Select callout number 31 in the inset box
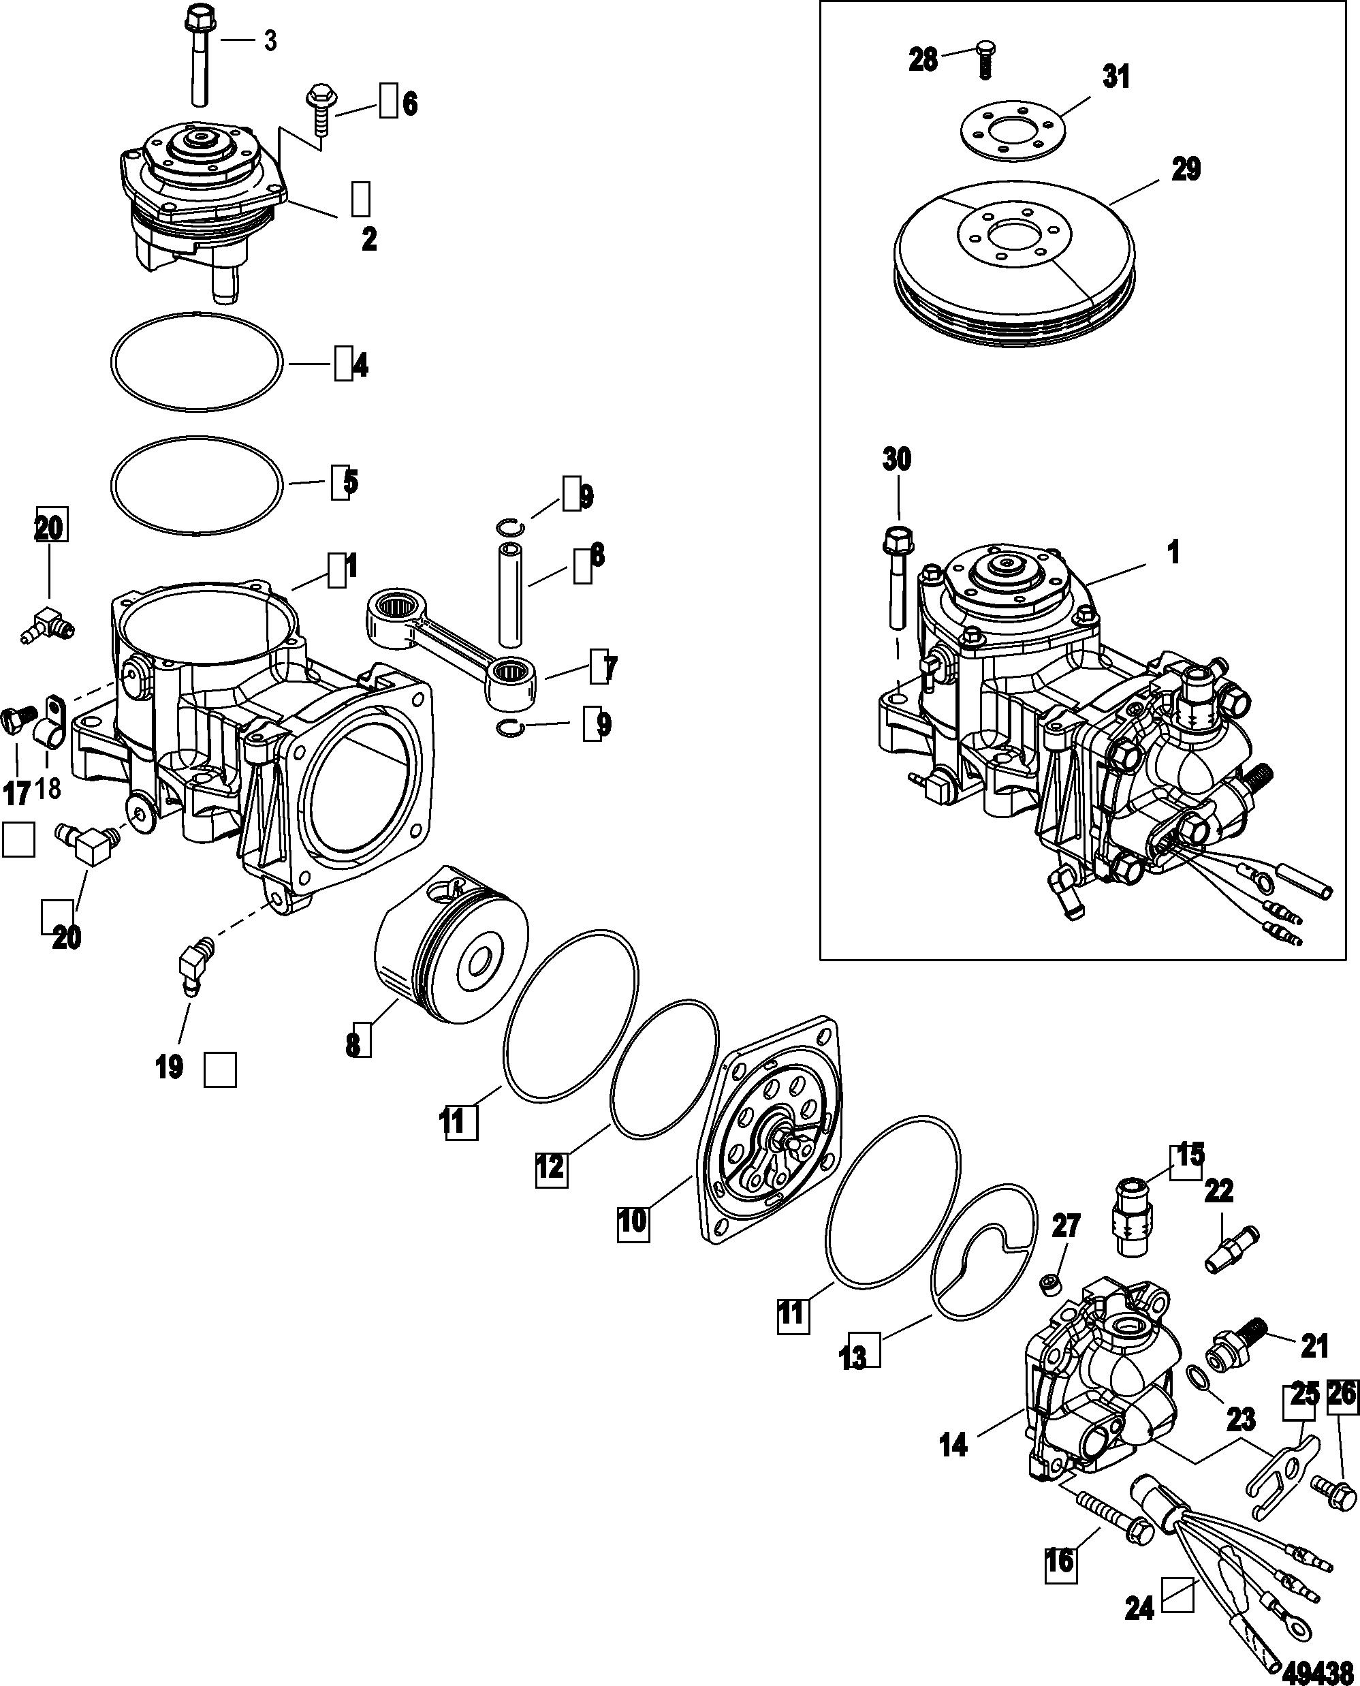(1117, 78)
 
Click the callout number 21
(1314, 1347)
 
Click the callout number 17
(17, 794)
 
